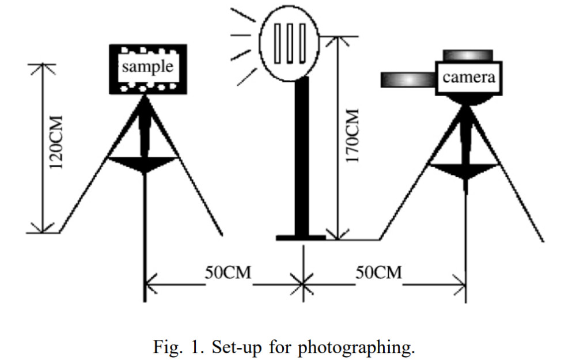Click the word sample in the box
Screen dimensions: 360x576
tap(147, 66)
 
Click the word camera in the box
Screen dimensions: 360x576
tap(469, 77)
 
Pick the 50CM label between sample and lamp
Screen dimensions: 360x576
tap(228, 272)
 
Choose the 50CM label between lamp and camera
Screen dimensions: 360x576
tap(378, 272)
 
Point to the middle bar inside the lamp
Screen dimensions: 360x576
tap(289, 43)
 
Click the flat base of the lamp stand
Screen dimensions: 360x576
tap(301, 237)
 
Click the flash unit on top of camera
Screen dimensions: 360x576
tap(468, 55)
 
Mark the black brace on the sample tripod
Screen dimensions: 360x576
tap(143, 164)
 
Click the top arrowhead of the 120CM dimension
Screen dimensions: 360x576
tap(41, 66)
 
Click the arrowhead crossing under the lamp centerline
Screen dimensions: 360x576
tap(303, 283)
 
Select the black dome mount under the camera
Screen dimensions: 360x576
tap(466, 100)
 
